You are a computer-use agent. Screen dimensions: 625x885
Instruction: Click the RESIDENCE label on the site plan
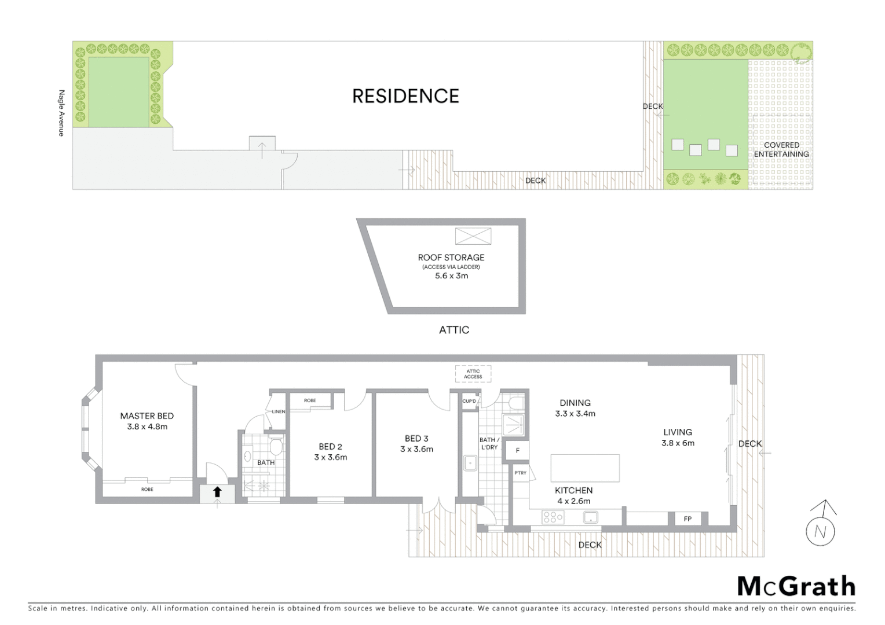pyautogui.click(x=405, y=96)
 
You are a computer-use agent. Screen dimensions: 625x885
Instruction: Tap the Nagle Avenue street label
pyautogui.click(x=61, y=113)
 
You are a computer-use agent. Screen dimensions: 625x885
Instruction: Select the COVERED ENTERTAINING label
pyautogui.click(x=781, y=149)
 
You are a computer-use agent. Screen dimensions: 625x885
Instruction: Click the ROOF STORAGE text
pyautogui.click(x=451, y=258)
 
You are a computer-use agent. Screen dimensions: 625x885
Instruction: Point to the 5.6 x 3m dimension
pyautogui.click(x=451, y=276)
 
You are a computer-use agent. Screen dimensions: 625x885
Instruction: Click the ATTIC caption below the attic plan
pyautogui.click(x=454, y=330)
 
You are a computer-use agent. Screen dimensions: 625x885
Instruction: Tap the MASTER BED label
pyautogui.click(x=147, y=416)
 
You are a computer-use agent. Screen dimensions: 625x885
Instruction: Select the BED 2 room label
pyautogui.click(x=330, y=447)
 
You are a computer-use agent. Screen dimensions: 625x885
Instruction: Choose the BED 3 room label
pyautogui.click(x=416, y=439)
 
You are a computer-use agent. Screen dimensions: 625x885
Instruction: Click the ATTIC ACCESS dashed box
pyautogui.click(x=473, y=374)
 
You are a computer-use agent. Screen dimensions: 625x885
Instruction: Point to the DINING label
pyautogui.click(x=575, y=403)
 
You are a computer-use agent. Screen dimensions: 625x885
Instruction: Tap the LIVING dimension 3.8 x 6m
pyautogui.click(x=678, y=443)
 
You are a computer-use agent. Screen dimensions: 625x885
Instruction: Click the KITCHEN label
pyautogui.click(x=573, y=490)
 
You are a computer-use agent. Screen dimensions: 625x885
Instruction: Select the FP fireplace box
pyautogui.click(x=687, y=519)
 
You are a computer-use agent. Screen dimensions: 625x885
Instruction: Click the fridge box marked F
pyautogui.click(x=518, y=450)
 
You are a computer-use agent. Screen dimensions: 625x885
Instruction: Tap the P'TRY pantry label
pyautogui.click(x=520, y=473)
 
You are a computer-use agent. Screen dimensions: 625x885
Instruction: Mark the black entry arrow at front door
pyautogui.click(x=217, y=492)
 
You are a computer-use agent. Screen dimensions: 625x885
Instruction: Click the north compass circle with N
pyautogui.click(x=820, y=531)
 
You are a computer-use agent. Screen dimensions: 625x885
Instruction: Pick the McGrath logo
pyautogui.click(x=796, y=586)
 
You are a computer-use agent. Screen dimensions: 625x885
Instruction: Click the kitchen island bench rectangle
pyautogui.click(x=585, y=468)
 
